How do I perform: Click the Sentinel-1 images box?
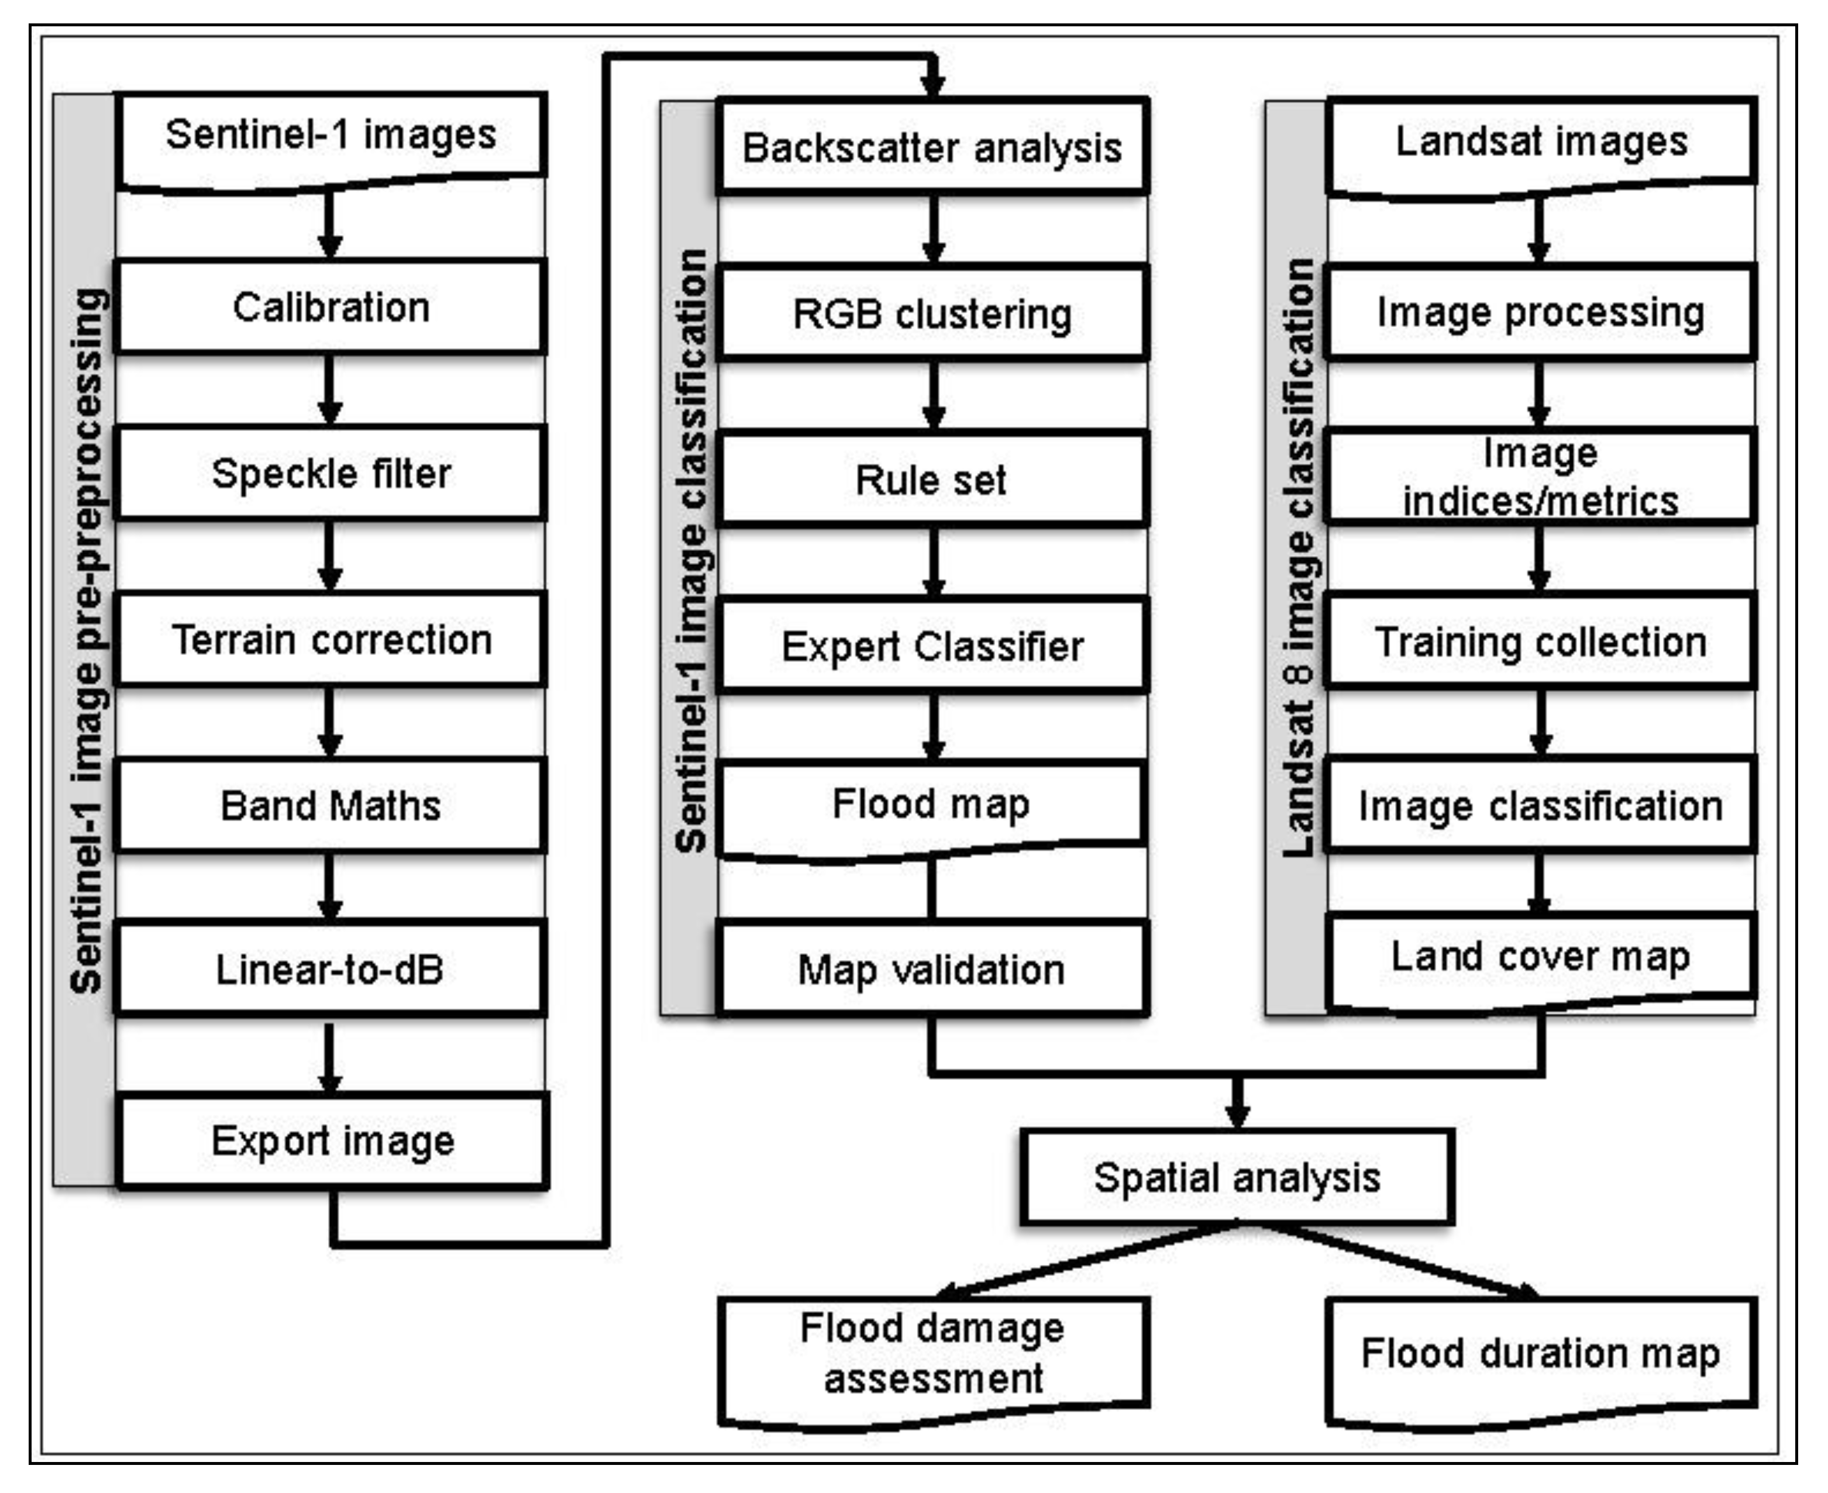point(331,137)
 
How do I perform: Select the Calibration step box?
point(331,307)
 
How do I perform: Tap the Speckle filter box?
point(331,473)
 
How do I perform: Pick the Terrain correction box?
point(331,639)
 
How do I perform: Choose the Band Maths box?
point(331,805)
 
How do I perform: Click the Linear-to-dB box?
point(331,969)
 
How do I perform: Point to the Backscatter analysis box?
point(932,147)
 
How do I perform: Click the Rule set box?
point(932,479)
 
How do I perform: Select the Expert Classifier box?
point(932,645)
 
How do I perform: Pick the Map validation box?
point(932,969)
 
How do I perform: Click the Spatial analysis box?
point(1237,1177)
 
